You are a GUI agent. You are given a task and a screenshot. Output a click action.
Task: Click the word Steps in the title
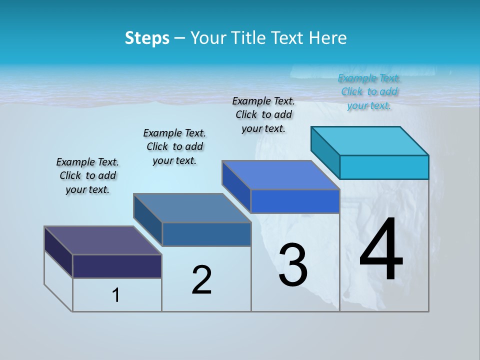click(x=147, y=38)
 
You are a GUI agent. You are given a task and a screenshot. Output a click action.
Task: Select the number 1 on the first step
click(x=116, y=295)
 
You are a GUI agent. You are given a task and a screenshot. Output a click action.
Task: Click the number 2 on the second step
click(x=201, y=280)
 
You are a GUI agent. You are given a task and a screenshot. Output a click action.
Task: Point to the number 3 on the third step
click(x=293, y=265)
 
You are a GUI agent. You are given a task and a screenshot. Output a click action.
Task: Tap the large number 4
click(x=381, y=250)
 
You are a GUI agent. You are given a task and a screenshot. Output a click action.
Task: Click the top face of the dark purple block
click(x=102, y=240)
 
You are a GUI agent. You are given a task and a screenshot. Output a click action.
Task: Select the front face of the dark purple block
click(x=117, y=266)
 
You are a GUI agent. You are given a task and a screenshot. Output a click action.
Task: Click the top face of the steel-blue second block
click(x=192, y=208)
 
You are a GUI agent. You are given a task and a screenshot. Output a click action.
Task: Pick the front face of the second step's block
click(x=206, y=234)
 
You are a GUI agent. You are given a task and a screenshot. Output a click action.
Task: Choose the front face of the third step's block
click(x=295, y=201)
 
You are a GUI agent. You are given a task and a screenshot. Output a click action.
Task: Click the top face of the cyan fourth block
click(x=370, y=140)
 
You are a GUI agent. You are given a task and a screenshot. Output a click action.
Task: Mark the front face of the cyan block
click(x=384, y=167)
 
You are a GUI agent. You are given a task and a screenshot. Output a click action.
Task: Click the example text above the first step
click(x=87, y=175)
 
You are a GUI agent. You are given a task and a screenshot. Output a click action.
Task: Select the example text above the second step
click(x=174, y=146)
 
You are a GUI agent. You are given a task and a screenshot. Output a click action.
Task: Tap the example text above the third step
click(x=263, y=114)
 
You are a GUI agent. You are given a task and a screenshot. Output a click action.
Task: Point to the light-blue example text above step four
click(x=369, y=91)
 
